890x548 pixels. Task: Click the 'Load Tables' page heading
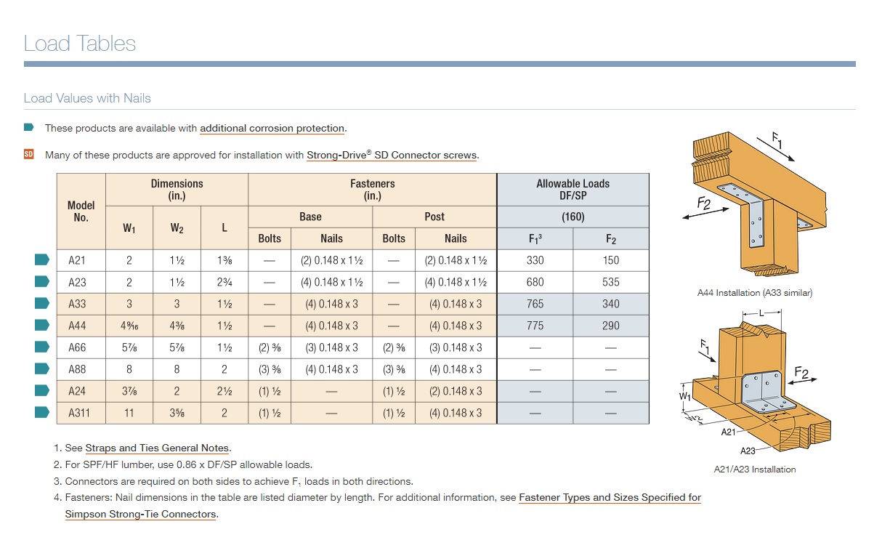(x=80, y=44)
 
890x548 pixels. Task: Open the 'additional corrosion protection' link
(x=272, y=129)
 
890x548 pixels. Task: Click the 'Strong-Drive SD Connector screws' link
(x=392, y=155)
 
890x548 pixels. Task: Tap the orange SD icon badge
(x=29, y=154)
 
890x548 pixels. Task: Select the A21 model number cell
(x=77, y=260)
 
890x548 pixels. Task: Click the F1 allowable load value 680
(x=535, y=282)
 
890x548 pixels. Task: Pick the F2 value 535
(x=610, y=282)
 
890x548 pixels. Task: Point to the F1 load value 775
(x=535, y=326)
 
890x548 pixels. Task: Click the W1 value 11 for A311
(x=129, y=413)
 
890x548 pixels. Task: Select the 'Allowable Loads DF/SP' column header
(x=573, y=190)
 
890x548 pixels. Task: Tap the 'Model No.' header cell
(x=81, y=211)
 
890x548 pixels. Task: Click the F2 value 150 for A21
(x=610, y=260)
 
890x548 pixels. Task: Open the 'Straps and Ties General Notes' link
(x=157, y=448)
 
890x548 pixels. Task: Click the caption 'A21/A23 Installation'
(x=754, y=470)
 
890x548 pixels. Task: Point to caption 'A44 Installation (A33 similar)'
(x=754, y=293)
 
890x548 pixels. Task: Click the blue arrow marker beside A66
(x=42, y=347)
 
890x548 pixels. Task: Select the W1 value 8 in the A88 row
(x=129, y=369)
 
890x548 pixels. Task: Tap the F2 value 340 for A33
(x=610, y=304)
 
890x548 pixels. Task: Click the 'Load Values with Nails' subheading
(x=87, y=98)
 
